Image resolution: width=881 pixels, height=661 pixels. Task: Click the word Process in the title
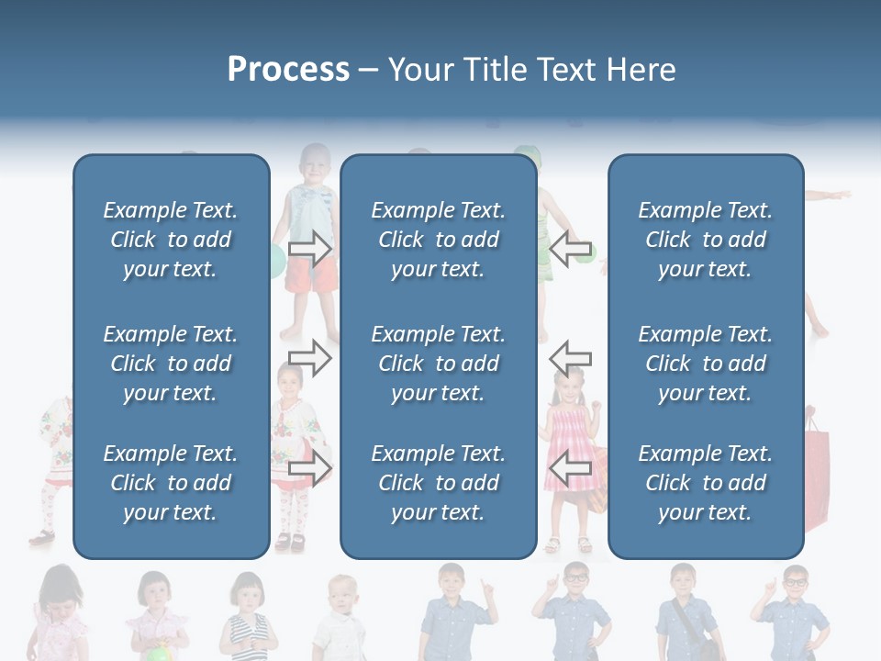click(x=288, y=70)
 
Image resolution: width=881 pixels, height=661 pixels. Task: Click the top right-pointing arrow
click(x=310, y=248)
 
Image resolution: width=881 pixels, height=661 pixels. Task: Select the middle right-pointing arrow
click(x=310, y=358)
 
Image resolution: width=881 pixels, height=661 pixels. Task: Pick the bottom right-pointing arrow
click(x=310, y=468)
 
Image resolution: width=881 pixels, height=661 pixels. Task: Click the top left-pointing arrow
click(x=570, y=248)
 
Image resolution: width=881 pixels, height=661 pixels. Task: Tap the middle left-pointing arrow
click(x=570, y=358)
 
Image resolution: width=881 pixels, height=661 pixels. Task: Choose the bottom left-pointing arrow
click(x=570, y=468)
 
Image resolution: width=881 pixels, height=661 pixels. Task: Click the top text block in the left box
click(x=171, y=240)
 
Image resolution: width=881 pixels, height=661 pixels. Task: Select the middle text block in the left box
click(x=171, y=364)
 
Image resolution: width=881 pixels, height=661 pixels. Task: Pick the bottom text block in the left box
click(x=171, y=483)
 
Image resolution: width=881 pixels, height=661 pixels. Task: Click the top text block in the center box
click(x=438, y=240)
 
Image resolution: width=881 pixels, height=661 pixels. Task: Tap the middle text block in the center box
click(x=438, y=364)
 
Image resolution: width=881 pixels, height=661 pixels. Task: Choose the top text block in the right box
click(x=705, y=240)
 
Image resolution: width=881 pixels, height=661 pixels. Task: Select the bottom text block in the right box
click(x=705, y=483)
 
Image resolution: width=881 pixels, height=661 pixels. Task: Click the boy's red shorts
click(x=312, y=275)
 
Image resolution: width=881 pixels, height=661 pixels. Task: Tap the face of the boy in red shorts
click(x=316, y=165)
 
